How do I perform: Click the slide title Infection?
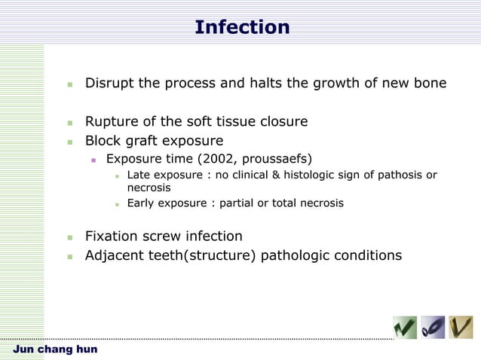click(x=241, y=28)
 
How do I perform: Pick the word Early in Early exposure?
click(x=142, y=203)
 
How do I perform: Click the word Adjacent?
click(x=115, y=256)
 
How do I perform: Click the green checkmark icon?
click(x=405, y=328)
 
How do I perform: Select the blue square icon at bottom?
click(x=433, y=328)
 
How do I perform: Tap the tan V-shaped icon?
click(x=461, y=328)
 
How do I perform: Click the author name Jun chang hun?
click(x=55, y=350)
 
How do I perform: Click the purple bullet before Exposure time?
click(x=94, y=160)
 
